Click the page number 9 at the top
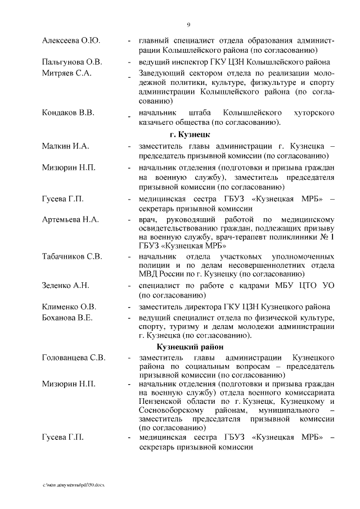pos(188,25)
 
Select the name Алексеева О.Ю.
pos(71,41)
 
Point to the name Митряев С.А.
pos(66,73)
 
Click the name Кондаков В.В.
pos(67,112)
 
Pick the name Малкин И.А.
pos(65,146)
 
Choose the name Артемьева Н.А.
pos(70,218)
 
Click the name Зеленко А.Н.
pos(66,286)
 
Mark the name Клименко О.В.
pos(69,307)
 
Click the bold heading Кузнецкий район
pos(190,347)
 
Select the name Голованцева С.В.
pos(73,358)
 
